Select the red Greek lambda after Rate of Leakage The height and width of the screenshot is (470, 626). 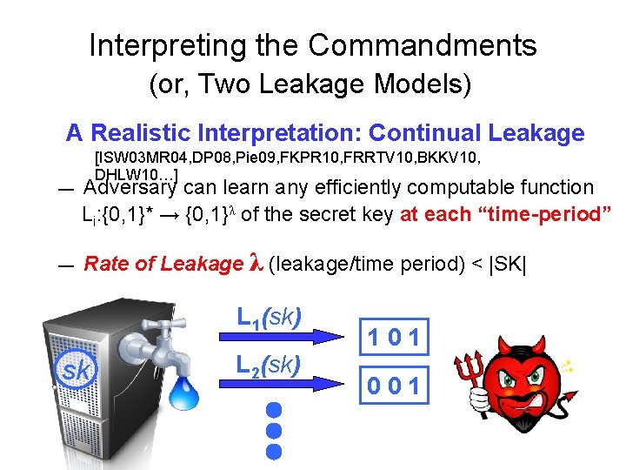point(255,264)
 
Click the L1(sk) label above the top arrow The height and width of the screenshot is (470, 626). point(269,316)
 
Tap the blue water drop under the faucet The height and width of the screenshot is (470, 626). point(184,393)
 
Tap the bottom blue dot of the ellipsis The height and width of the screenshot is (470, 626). point(275,451)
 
